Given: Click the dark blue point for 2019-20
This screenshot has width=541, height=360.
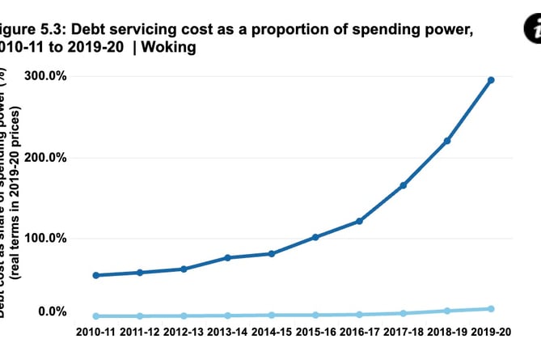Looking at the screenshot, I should (491, 80).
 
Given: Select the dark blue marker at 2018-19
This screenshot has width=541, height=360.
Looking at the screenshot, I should (447, 141).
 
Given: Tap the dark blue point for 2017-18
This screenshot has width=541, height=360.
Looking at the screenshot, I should (403, 185).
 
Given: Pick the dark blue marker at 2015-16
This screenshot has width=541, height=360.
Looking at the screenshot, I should (315, 237).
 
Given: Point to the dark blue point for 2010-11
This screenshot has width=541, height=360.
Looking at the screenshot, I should (96, 275).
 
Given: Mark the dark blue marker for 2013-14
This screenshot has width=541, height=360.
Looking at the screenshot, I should (227, 257).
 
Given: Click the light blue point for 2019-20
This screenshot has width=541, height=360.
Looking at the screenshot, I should (491, 309).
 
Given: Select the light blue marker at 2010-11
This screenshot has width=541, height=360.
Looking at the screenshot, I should (96, 316).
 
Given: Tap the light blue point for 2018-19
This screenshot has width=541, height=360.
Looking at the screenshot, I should (447, 311).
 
